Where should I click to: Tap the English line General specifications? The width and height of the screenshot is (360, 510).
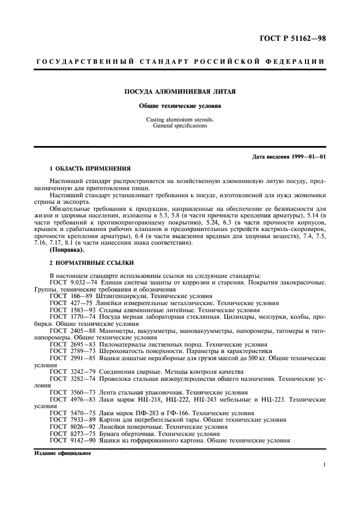click(x=180, y=125)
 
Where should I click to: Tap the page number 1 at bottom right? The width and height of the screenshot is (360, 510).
click(x=324, y=465)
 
